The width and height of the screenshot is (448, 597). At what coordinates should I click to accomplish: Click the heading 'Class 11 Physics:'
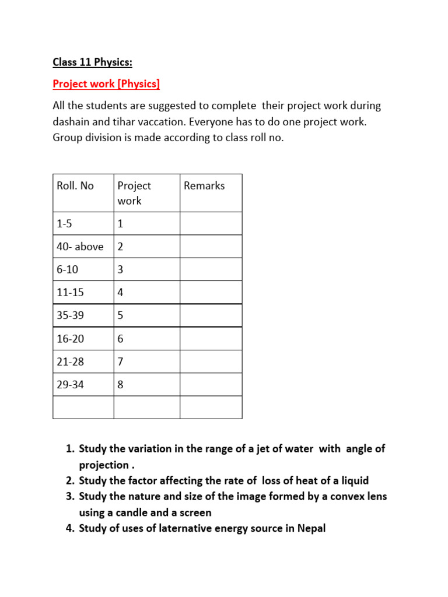pos(93,62)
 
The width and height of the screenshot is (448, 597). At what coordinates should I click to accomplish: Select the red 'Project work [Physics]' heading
pos(106,84)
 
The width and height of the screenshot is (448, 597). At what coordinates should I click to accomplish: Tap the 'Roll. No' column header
pos(75,186)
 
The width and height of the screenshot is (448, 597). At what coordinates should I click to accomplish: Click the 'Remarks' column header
pos(204,186)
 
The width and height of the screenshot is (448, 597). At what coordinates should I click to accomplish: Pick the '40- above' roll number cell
pos(80,247)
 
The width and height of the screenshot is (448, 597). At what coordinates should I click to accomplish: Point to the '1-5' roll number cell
pos(65,224)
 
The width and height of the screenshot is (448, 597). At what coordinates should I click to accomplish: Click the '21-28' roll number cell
pos(70,361)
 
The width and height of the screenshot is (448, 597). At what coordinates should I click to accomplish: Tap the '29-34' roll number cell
pos(70,385)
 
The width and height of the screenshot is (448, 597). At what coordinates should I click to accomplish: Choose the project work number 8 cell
pos(121,385)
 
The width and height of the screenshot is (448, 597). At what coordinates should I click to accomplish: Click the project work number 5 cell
pos(121,315)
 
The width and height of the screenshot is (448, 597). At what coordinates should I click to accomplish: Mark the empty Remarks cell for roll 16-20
pos(211,339)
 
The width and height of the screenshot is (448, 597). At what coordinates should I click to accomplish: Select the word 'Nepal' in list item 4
pos(311,529)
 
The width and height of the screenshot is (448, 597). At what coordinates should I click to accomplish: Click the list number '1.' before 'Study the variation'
pos(70,449)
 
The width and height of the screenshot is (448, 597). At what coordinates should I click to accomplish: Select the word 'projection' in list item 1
pos(104,465)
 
